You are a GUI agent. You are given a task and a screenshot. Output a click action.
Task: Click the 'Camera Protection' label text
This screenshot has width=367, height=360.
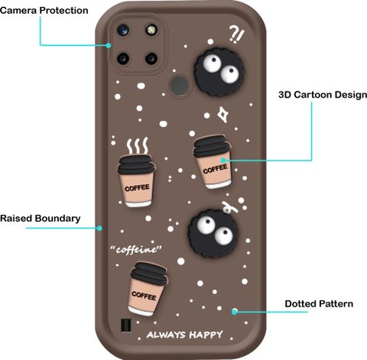coord(44,11)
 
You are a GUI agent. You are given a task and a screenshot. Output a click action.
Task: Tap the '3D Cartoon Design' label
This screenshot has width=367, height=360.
coord(323,95)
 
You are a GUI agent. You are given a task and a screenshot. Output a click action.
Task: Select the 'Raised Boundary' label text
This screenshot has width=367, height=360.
coord(41,219)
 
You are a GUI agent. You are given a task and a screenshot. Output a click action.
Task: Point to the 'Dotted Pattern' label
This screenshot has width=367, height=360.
coord(319,303)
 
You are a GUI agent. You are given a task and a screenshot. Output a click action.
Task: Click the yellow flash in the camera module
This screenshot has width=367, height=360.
coord(151,30)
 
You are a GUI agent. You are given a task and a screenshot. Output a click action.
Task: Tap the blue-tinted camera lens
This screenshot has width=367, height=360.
coord(123,31)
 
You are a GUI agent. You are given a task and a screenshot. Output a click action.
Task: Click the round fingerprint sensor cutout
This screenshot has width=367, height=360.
coord(180,86)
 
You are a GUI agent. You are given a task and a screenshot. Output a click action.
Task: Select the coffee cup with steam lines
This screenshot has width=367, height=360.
coord(137,180)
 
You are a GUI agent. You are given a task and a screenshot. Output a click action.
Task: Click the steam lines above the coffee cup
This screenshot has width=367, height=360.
coord(138,146)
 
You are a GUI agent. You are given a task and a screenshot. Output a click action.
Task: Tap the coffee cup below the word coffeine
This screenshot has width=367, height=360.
coord(148,289)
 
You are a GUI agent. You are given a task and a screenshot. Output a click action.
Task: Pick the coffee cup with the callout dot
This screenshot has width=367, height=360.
coord(213,162)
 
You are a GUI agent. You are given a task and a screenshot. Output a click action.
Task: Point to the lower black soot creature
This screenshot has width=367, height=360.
coord(213,234)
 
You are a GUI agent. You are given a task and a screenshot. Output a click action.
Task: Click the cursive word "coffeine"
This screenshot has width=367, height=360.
coord(136,249)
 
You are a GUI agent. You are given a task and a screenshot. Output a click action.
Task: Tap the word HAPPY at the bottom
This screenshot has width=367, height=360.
coord(206,335)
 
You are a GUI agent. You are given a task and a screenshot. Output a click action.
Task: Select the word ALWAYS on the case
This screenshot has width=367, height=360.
coord(166,335)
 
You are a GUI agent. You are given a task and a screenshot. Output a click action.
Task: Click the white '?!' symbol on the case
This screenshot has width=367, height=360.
coord(236,34)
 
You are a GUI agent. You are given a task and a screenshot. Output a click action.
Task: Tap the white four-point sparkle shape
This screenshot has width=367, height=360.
coord(223,115)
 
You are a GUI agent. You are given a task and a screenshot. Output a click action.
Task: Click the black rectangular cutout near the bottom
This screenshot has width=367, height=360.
coord(125,325)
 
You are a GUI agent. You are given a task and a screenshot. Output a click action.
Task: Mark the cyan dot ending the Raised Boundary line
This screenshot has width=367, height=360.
coord(100,228)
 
